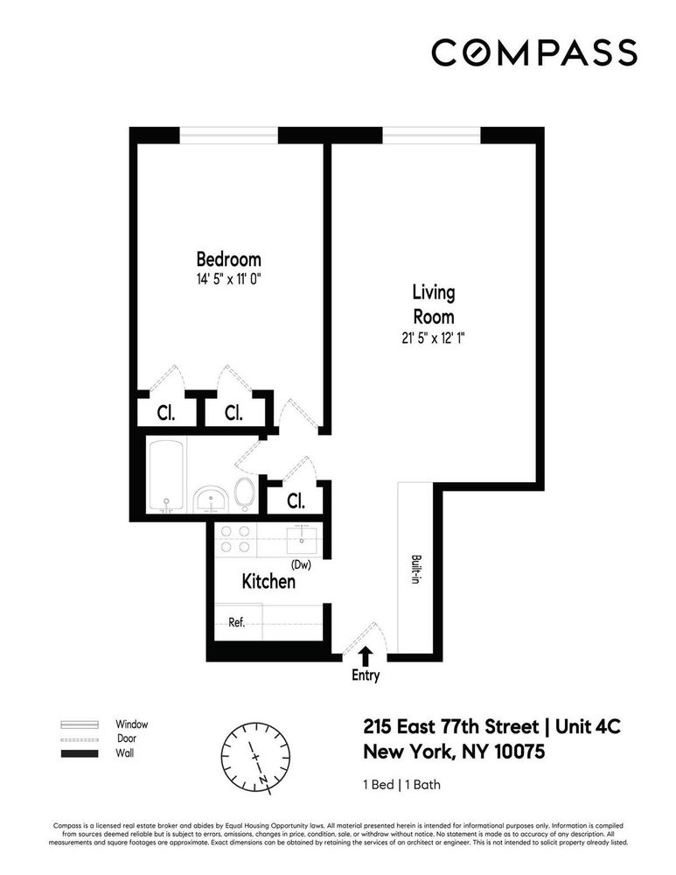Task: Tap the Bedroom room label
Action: (228, 260)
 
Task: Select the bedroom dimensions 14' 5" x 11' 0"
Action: (228, 279)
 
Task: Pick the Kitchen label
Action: (268, 581)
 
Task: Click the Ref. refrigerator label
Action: (236, 623)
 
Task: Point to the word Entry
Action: (366, 675)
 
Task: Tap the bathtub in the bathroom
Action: (166, 477)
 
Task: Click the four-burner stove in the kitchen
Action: (233, 539)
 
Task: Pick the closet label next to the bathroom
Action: (296, 501)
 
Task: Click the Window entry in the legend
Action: (131, 724)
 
